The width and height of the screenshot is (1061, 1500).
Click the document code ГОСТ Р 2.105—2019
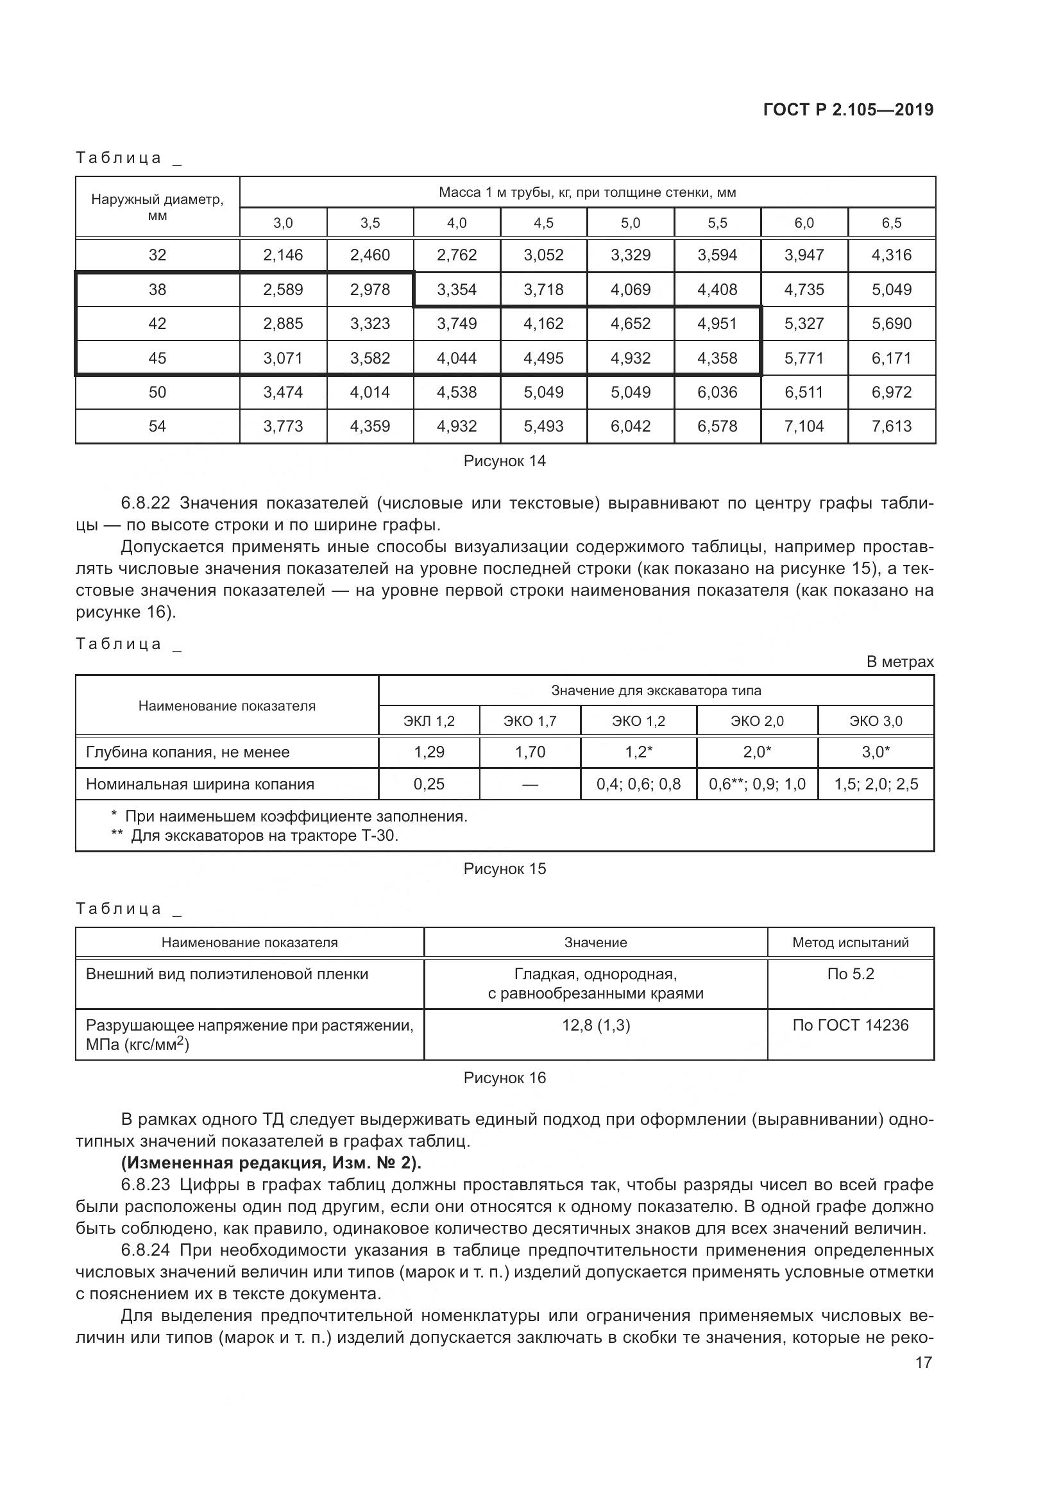tap(848, 110)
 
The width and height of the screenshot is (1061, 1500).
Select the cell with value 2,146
tap(283, 255)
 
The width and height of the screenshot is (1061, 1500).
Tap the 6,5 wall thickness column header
tap(891, 223)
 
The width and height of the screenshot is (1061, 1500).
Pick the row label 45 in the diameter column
tap(157, 358)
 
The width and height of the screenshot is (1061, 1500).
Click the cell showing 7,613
tap(891, 426)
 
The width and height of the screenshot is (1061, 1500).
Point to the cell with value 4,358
tap(717, 358)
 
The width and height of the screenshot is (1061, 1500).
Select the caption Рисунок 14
tap(504, 461)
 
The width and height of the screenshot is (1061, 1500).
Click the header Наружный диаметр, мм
tap(157, 207)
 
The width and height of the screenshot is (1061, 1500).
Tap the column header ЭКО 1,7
tap(530, 721)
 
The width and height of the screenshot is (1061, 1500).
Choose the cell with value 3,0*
tap(876, 752)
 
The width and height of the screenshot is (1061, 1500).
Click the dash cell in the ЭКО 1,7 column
tap(530, 784)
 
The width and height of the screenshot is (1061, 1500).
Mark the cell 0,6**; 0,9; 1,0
tap(757, 784)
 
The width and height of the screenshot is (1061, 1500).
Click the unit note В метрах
tap(899, 662)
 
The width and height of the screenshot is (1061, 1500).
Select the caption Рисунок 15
tap(504, 869)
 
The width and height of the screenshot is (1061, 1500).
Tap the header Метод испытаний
tap(850, 943)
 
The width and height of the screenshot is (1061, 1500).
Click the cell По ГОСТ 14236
tap(850, 1025)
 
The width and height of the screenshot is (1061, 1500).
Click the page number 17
tap(923, 1363)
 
